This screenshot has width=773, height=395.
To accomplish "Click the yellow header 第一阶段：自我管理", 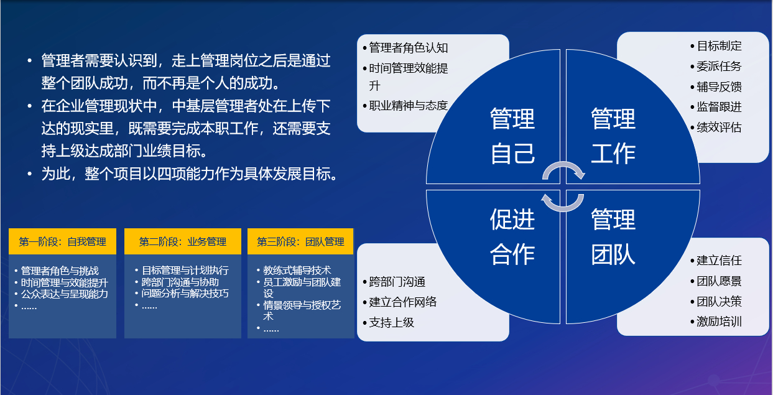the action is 62,241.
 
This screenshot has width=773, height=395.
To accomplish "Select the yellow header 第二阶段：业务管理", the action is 183,241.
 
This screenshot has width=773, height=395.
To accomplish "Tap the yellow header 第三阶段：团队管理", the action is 300,241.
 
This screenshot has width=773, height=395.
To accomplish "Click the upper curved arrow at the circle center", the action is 563,165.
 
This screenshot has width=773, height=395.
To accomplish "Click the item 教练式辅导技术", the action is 297,270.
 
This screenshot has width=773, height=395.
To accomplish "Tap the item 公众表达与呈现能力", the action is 65,294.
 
